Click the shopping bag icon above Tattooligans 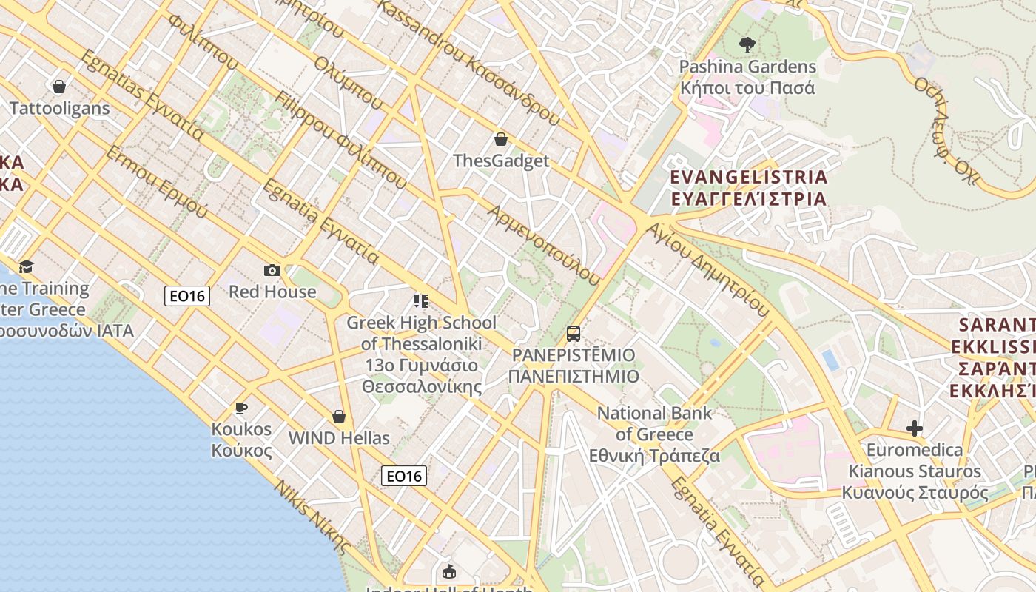[x=59, y=87]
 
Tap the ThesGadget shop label [x=501, y=161]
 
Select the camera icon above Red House [x=272, y=271]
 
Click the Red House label [x=272, y=292]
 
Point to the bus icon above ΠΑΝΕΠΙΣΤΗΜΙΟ [x=573, y=334]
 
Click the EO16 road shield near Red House [x=187, y=296]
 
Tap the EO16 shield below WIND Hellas [x=404, y=476]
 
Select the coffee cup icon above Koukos [x=241, y=408]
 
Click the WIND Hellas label [x=339, y=438]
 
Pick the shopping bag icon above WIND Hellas [x=339, y=417]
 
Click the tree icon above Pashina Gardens [x=747, y=45]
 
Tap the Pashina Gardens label [x=747, y=77]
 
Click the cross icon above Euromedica [x=915, y=428]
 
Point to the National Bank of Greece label [x=654, y=434]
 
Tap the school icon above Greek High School [x=421, y=301]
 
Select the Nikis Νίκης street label [x=312, y=517]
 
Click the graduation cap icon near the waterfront [x=27, y=266]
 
